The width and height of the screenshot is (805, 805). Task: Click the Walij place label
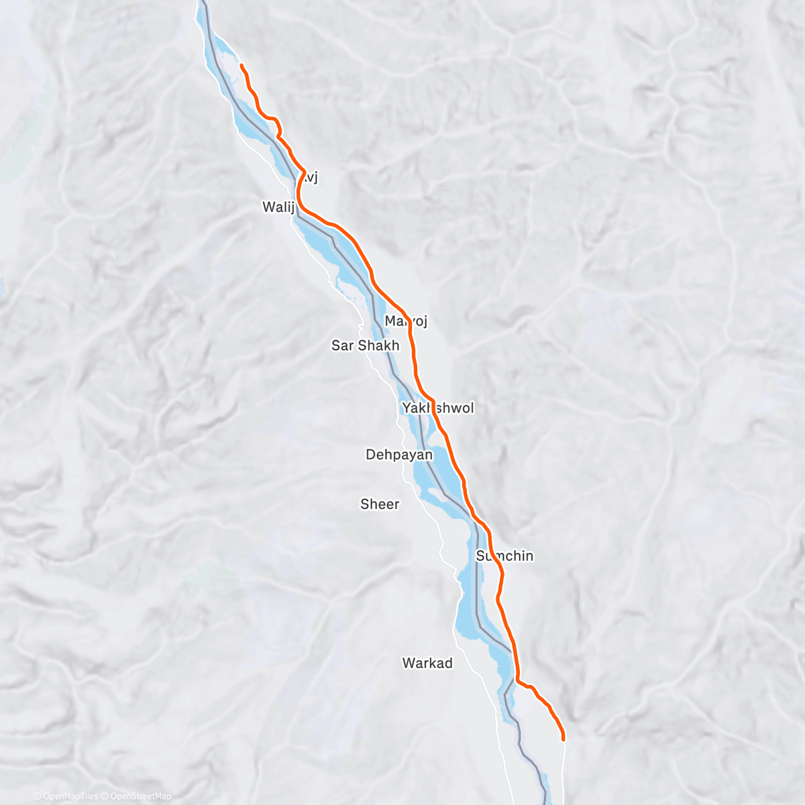coord(278,207)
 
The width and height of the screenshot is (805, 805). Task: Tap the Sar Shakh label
coord(365,345)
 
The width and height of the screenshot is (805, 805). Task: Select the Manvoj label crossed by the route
coord(406,321)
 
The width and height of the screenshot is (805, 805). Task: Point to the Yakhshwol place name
coord(437,408)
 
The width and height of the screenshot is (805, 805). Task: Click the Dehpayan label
coord(399,455)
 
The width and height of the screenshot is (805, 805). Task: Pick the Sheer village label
coord(380,504)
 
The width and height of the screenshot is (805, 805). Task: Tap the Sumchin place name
coord(504,555)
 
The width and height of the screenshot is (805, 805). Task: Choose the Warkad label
coord(427,663)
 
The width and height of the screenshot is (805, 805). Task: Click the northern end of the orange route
coord(241,65)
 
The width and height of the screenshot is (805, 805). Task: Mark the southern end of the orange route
coord(563,739)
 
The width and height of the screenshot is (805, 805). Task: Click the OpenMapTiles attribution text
coord(70,796)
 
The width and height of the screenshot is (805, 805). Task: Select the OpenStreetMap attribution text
coord(140,796)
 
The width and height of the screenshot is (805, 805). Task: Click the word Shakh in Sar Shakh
coord(378,345)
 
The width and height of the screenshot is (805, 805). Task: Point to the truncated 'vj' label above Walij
coord(310,178)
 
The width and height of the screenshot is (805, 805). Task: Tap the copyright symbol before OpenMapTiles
coord(38,796)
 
